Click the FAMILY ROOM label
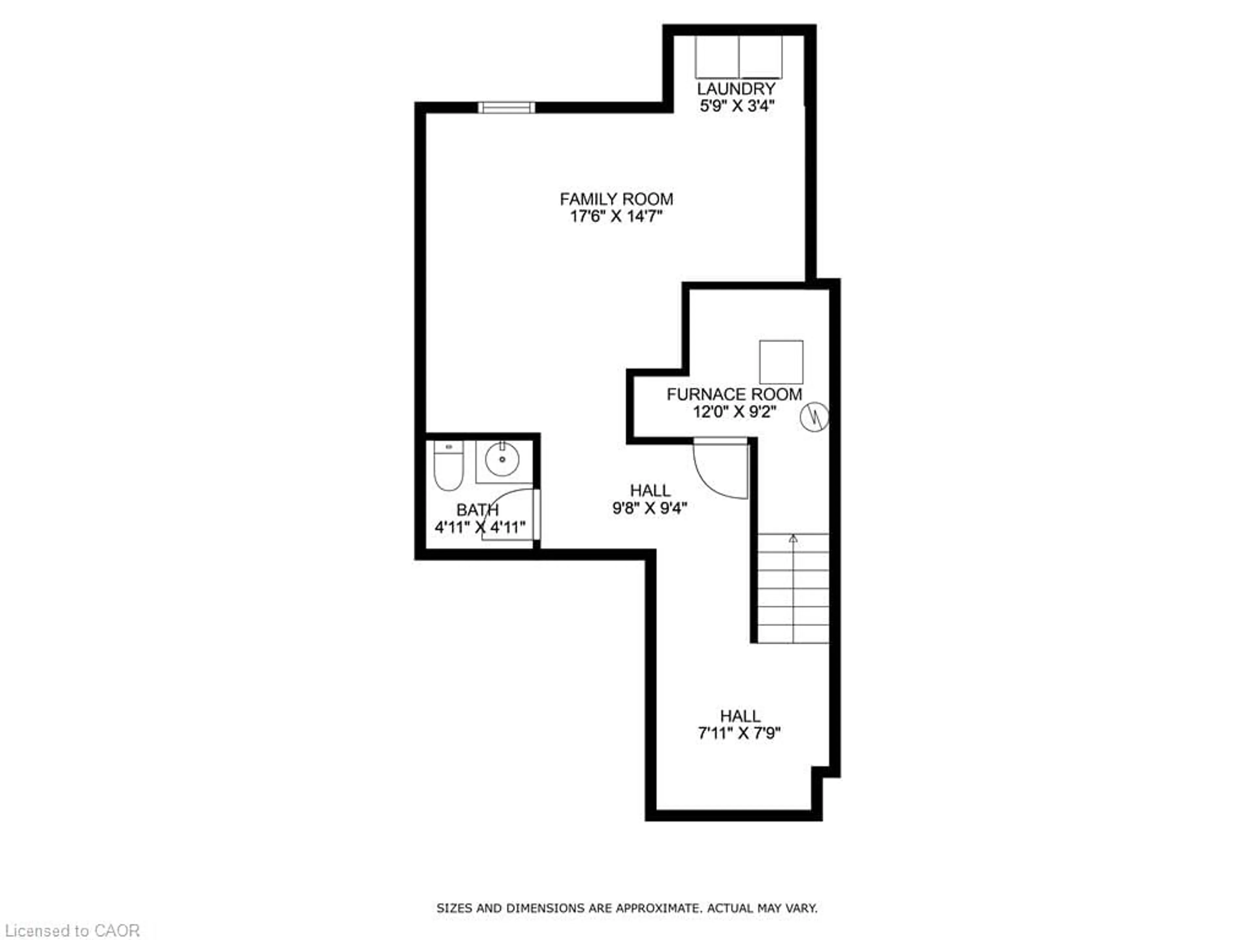click(616, 199)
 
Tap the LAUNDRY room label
click(736, 89)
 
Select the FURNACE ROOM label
click(734, 394)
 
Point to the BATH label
click(477, 510)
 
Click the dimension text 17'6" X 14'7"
click(616, 216)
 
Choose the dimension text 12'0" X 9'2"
click(734, 412)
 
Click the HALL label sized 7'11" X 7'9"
click(740, 716)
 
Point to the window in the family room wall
click(506, 108)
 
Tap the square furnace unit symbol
click(781, 362)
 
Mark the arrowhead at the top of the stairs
click(793, 538)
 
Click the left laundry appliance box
click(717, 57)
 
